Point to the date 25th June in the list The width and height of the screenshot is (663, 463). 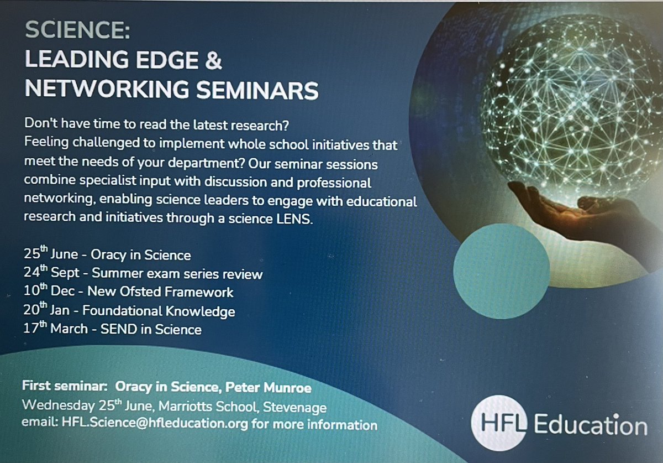coord(46,254)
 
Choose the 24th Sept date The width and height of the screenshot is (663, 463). coord(47,273)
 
